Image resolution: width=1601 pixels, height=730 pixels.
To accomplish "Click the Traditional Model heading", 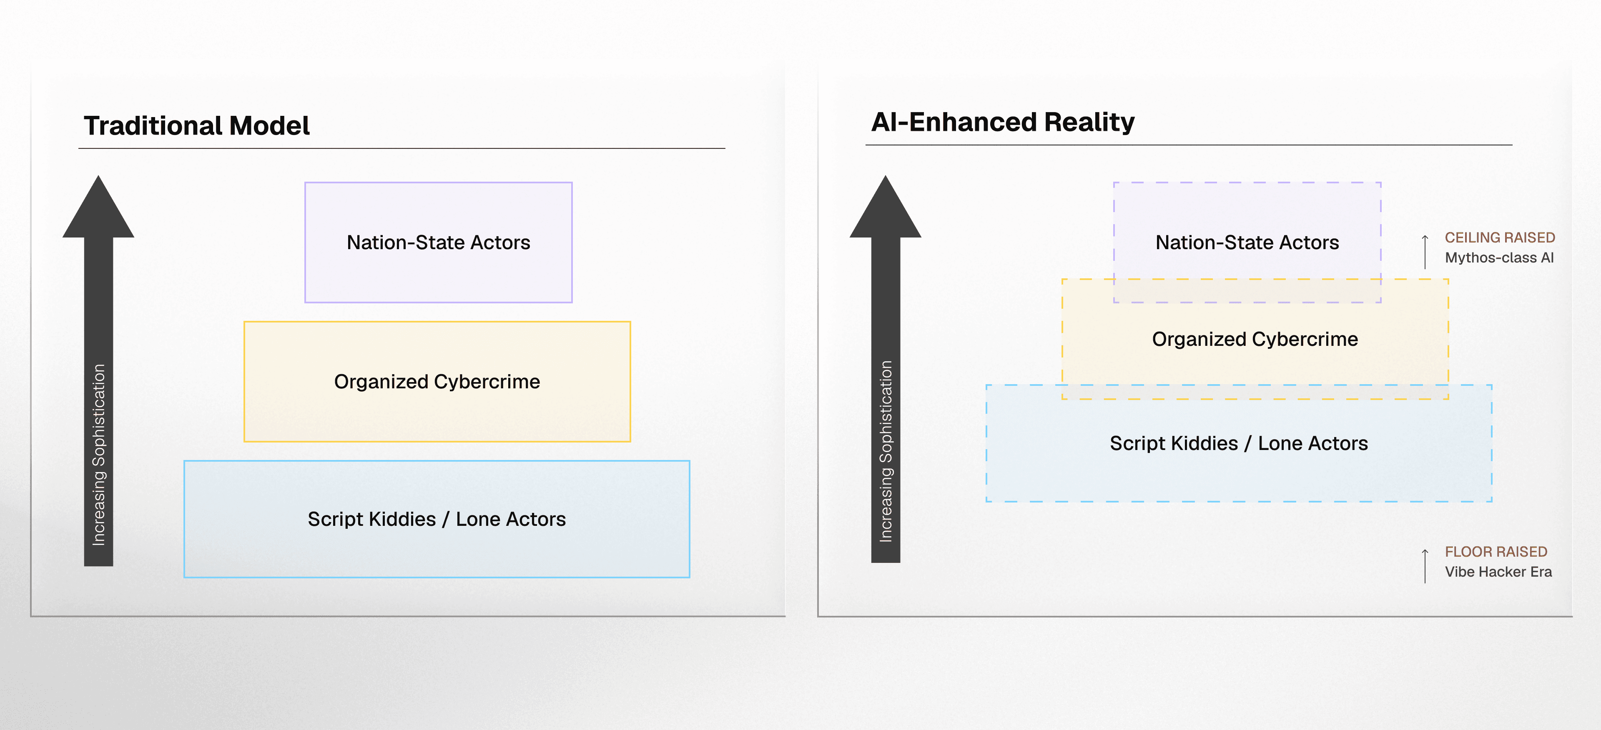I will pos(196,126).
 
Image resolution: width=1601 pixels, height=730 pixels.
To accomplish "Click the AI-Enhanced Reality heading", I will pos(1002,122).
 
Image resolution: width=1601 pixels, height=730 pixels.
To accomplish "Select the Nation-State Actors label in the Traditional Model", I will pos(438,242).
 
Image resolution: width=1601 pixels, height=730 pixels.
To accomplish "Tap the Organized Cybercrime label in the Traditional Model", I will pos(437,382).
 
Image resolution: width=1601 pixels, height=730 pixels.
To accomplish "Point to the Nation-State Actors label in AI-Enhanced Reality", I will pos(1247,242).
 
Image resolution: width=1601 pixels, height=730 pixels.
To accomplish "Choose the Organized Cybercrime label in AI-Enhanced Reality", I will pos(1255,339).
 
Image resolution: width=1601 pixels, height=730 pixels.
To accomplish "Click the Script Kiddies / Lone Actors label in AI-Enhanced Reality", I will pos(1239,444).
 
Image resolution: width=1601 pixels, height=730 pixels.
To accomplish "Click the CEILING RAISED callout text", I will pos(1499,237).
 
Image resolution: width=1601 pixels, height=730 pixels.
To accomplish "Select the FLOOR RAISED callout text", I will pos(1496,552).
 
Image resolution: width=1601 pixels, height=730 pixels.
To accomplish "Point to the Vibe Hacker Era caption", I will pos(1498,572).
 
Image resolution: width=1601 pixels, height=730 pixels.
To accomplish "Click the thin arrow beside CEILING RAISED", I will pos(1425,252).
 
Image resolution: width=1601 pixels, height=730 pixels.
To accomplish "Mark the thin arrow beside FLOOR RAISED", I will pos(1425,566).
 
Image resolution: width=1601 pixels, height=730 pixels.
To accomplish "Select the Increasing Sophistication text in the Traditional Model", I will pos(99,455).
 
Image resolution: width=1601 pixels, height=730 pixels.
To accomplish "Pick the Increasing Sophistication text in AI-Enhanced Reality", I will pos(886,452).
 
